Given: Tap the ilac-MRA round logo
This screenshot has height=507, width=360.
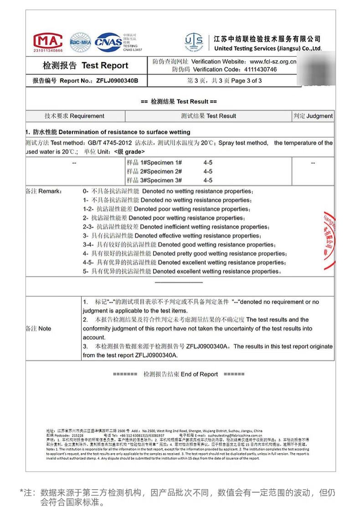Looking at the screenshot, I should tap(80, 42).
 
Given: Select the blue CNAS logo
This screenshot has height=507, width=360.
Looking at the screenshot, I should tap(108, 42).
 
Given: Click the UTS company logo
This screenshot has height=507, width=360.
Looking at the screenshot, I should tap(194, 42).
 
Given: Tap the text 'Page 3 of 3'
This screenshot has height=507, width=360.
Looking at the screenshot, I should tap(247, 81).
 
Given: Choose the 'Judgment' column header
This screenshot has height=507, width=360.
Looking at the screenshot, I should tap(319, 116).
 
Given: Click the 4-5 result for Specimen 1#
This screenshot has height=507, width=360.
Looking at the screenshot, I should tap(208, 163).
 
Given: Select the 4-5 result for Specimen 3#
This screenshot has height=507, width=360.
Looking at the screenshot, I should tap(208, 180).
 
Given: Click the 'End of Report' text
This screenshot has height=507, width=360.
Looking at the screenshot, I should tap(199, 374).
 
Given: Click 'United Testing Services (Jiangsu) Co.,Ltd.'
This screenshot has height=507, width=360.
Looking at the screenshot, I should tap(267, 48).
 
